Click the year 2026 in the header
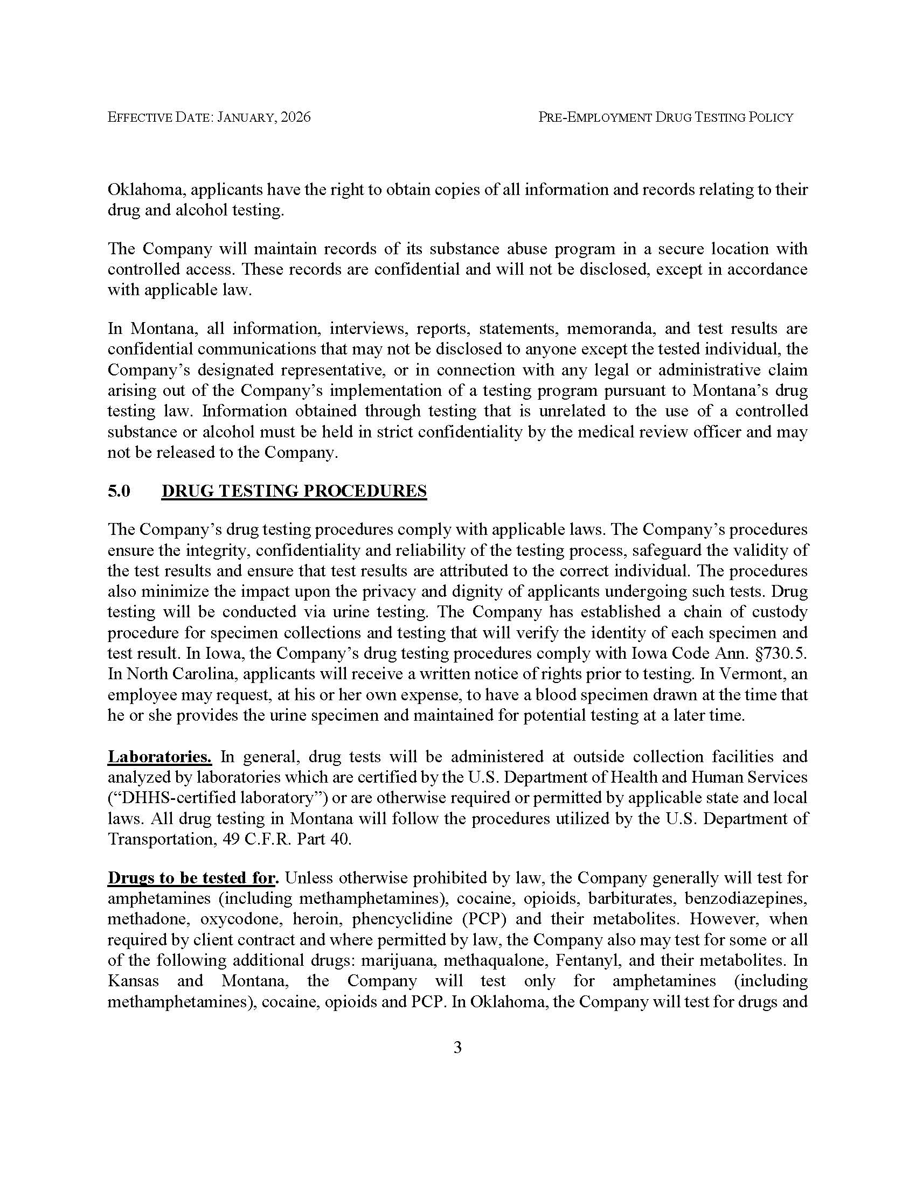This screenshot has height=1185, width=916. pyautogui.click(x=296, y=117)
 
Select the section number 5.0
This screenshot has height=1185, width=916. pyautogui.click(x=119, y=491)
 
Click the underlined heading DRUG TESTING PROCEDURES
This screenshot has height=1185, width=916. pyautogui.click(x=294, y=491)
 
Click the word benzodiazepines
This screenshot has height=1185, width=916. pyautogui.click(x=746, y=898)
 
